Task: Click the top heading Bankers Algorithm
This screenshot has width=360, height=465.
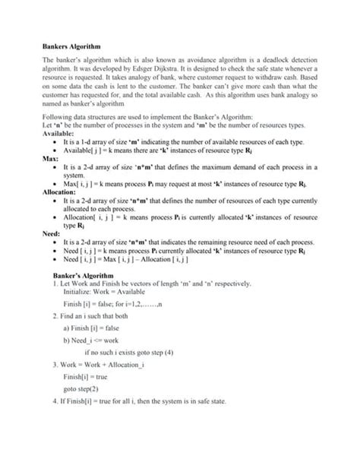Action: [73, 47]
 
